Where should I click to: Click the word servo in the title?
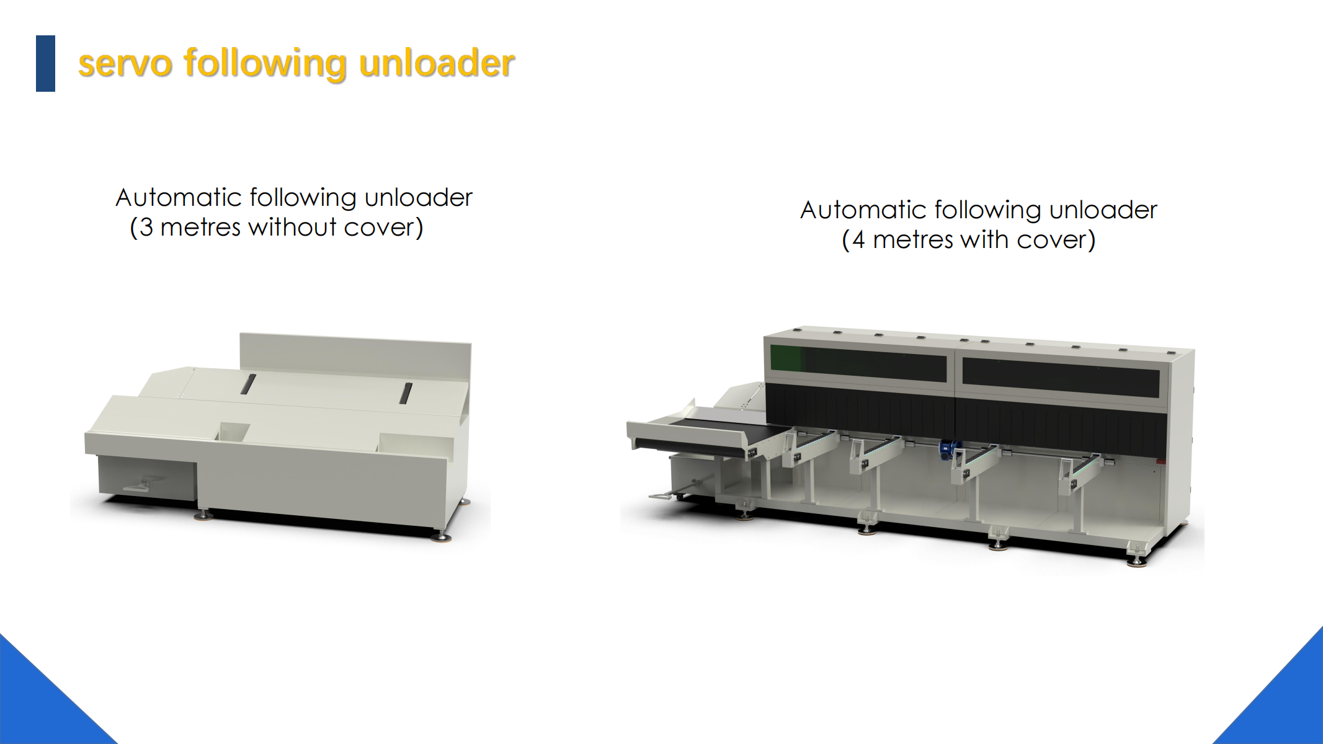pyautogui.click(x=125, y=64)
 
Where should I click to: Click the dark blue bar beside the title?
pyautogui.click(x=45, y=63)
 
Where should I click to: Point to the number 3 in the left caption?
pyautogui.click(x=146, y=228)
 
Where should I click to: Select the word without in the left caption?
pyautogui.click(x=292, y=227)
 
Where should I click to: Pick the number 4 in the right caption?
pyautogui.click(x=858, y=240)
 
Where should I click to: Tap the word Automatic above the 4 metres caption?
pyautogui.click(x=863, y=210)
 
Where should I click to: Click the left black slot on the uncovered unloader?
pyautogui.click(x=247, y=384)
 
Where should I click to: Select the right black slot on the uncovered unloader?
pyautogui.click(x=406, y=393)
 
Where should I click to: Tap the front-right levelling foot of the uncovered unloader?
pyautogui.click(x=441, y=535)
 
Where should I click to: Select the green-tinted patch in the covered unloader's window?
pyautogui.click(x=786, y=358)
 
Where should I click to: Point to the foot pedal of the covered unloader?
pyautogui.click(x=667, y=495)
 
